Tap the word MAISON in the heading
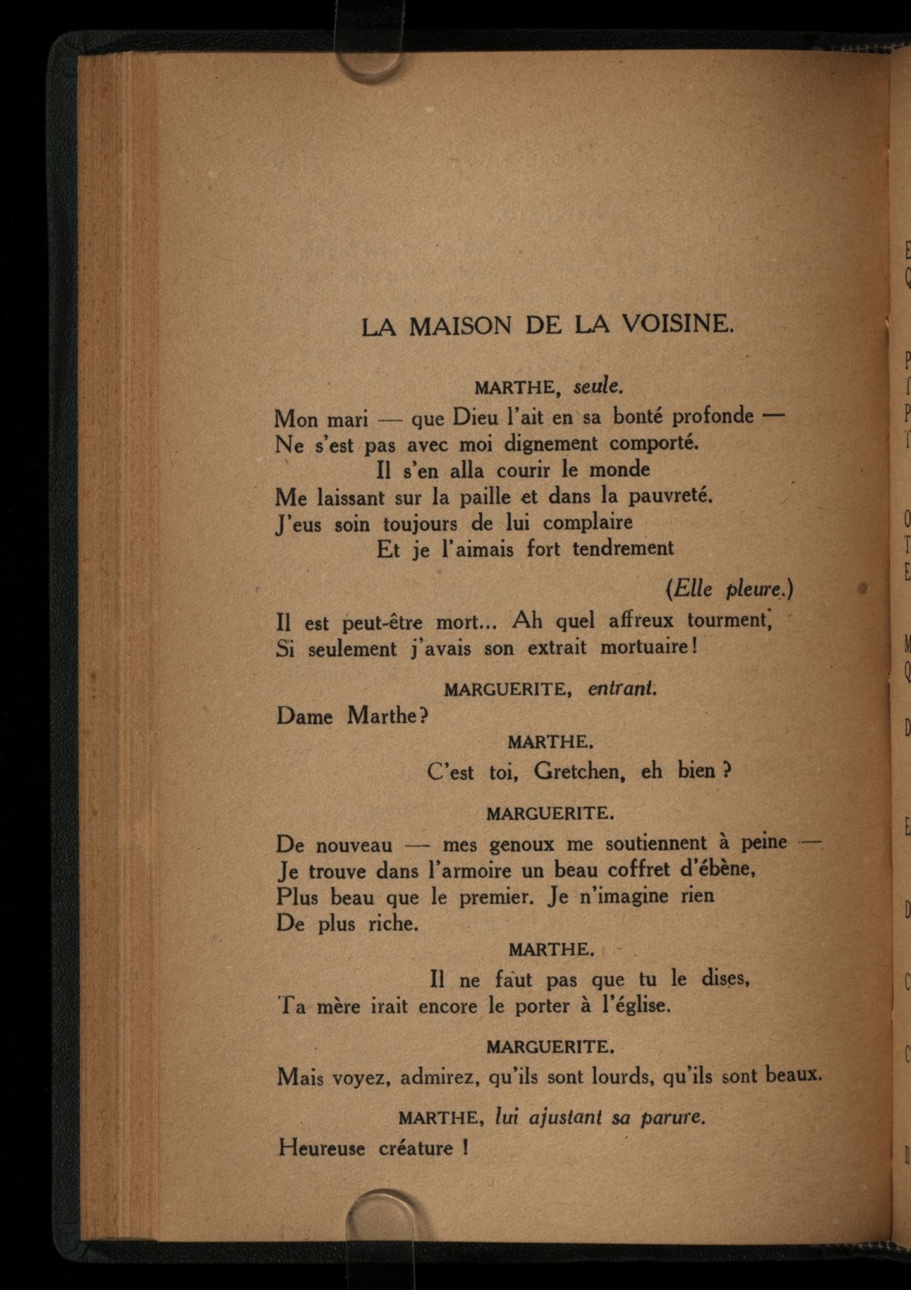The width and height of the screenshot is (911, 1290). (x=460, y=326)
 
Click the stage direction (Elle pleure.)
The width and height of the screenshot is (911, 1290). (x=729, y=589)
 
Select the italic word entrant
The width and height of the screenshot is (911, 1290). (x=622, y=689)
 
